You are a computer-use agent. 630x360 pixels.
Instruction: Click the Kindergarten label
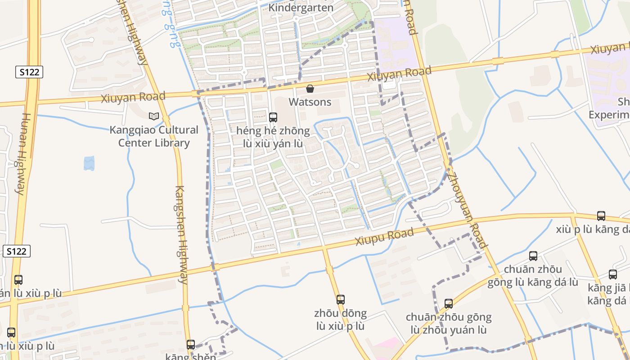(301, 8)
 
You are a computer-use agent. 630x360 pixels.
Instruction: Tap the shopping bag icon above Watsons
(310, 89)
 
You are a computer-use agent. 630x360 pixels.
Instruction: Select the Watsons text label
(310, 102)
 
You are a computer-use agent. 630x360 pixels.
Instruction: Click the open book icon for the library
(154, 116)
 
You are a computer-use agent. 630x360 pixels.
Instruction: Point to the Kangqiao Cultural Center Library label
(154, 136)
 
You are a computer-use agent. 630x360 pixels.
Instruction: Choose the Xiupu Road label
(384, 236)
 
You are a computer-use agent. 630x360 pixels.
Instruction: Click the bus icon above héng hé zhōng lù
(273, 117)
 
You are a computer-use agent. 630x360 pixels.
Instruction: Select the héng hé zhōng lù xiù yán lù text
(273, 137)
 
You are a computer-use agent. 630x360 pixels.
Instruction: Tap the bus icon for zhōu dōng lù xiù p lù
(341, 299)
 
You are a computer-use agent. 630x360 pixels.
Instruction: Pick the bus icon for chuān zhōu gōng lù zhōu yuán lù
(449, 304)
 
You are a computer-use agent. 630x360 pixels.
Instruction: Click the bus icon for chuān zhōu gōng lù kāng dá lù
(533, 256)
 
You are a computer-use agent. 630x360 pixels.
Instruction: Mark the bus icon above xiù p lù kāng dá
(601, 216)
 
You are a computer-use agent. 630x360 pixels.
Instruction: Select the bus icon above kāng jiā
(613, 274)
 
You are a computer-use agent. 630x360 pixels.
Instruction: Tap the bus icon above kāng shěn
(191, 345)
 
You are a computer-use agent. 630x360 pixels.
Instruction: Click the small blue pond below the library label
(89, 163)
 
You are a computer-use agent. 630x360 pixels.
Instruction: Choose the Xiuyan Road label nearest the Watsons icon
(399, 73)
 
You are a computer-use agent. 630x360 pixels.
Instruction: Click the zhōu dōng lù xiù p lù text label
(341, 319)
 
